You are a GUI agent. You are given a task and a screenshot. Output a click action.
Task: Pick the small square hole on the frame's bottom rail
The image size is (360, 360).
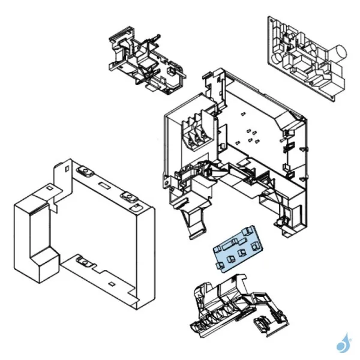(112, 282)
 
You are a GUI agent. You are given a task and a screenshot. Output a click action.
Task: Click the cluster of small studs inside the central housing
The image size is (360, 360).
(251, 135)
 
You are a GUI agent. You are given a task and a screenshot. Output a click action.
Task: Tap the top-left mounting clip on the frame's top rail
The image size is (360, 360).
(85, 173)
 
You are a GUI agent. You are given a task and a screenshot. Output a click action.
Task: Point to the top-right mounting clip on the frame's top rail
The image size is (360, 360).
(127, 196)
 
